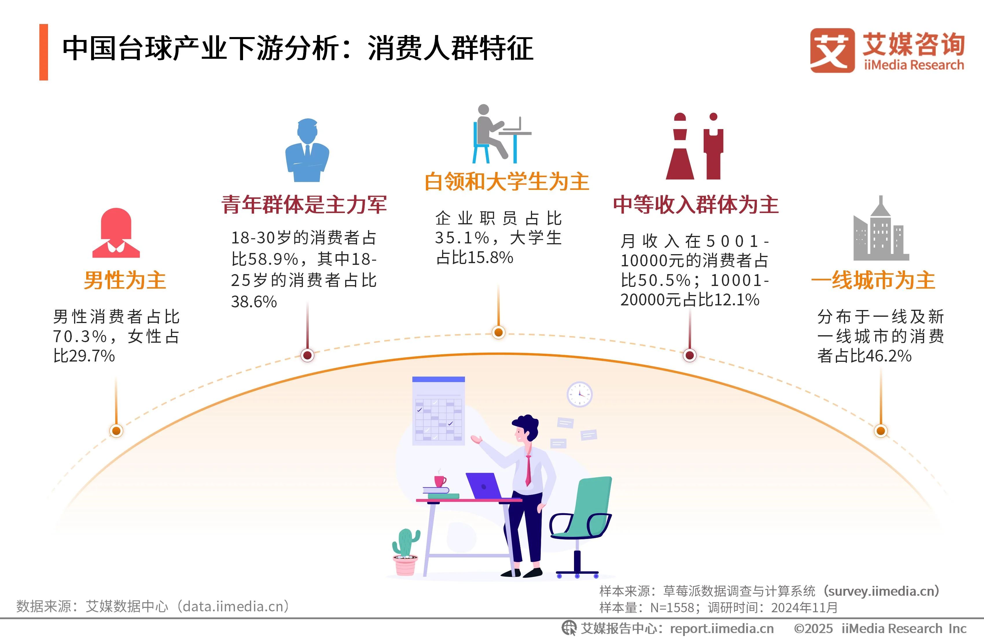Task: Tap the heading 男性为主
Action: coord(125,280)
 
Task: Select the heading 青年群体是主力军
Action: coord(304,204)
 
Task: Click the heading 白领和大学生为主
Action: coord(507,182)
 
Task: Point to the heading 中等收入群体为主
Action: coord(696,204)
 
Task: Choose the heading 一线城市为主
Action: coord(873,280)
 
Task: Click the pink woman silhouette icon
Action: coord(116,233)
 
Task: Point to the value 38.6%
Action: coord(254,302)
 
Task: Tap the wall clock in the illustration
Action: coord(579,394)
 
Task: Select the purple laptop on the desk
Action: coord(484,486)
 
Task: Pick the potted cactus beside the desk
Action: coord(405,552)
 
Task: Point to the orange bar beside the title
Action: coord(43,52)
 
